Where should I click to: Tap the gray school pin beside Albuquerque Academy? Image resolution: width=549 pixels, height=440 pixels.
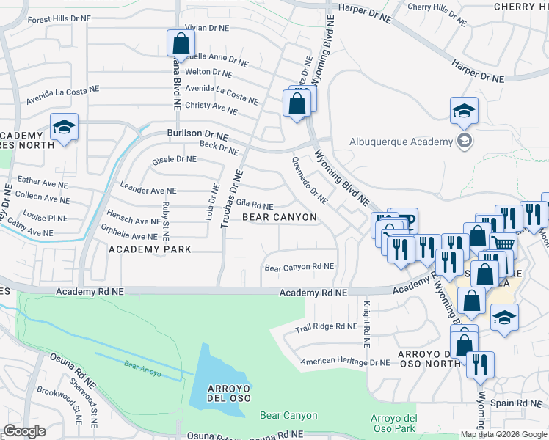coord(463,140)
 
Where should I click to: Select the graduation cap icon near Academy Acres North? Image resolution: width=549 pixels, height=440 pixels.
coord(64,128)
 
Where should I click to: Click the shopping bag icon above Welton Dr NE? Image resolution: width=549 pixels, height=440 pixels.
coord(180,44)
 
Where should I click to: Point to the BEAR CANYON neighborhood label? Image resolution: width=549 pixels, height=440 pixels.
coord(279,217)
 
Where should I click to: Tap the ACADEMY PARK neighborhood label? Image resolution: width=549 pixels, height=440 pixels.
coord(150,249)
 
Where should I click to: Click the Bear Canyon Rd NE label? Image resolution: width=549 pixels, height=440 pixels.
coord(299,267)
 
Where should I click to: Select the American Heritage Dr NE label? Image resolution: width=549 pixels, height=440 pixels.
coord(345,362)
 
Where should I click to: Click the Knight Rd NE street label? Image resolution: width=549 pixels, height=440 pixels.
coord(365,323)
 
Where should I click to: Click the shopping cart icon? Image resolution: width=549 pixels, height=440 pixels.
coord(501,243)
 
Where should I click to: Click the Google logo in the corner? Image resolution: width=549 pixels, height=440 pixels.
coord(24,431)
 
